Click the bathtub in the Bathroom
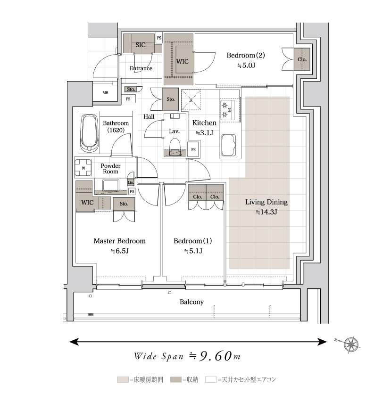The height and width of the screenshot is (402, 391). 89,133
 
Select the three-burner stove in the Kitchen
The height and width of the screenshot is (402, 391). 227,110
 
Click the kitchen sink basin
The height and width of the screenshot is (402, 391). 228,145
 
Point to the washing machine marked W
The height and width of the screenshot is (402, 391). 83,168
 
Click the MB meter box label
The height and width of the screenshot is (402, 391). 106,93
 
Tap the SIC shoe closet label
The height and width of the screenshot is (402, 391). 141,45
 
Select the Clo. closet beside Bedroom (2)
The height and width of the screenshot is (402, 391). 302,59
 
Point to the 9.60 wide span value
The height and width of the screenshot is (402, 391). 216,356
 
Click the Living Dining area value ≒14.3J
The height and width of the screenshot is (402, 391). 266,212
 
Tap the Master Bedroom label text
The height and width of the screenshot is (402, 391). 119,241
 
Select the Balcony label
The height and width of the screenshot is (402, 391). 191,302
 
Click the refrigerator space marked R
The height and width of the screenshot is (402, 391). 191,100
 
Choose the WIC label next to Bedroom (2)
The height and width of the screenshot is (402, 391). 183,62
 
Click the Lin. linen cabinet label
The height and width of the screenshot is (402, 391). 131,182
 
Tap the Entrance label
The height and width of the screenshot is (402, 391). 141,68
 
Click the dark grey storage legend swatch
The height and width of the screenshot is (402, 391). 176,379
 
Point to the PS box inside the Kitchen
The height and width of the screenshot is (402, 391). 193,149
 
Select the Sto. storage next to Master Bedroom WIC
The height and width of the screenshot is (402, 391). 124,204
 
